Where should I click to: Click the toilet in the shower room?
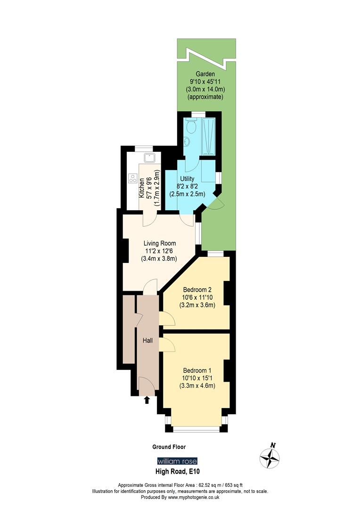191,126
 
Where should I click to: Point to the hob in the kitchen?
133,179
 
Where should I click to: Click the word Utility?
187,179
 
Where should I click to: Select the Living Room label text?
159,243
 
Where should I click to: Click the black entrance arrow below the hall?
147,400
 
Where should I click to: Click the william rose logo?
177,461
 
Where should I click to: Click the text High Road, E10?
178,471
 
